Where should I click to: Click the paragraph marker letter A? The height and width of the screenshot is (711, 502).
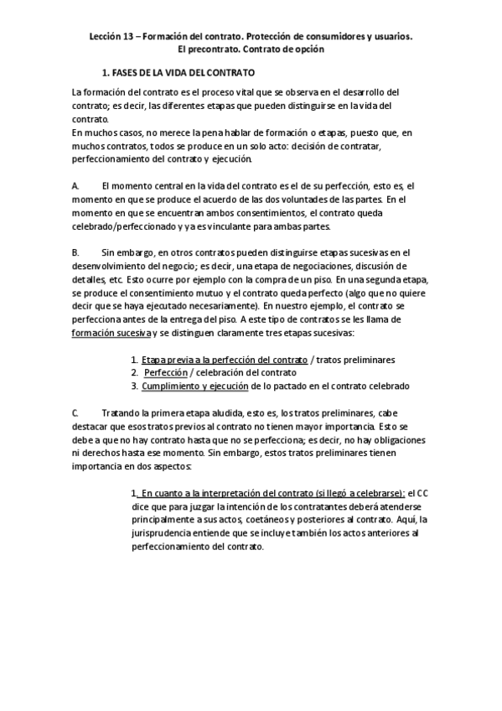pos(75,184)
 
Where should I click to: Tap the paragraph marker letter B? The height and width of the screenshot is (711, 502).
pos(75,252)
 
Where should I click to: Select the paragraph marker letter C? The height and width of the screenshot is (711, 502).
pos(75,413)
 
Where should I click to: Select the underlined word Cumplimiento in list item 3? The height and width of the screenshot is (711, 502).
pos(173,386)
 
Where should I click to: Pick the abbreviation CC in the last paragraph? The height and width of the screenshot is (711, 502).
pos(423,493)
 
